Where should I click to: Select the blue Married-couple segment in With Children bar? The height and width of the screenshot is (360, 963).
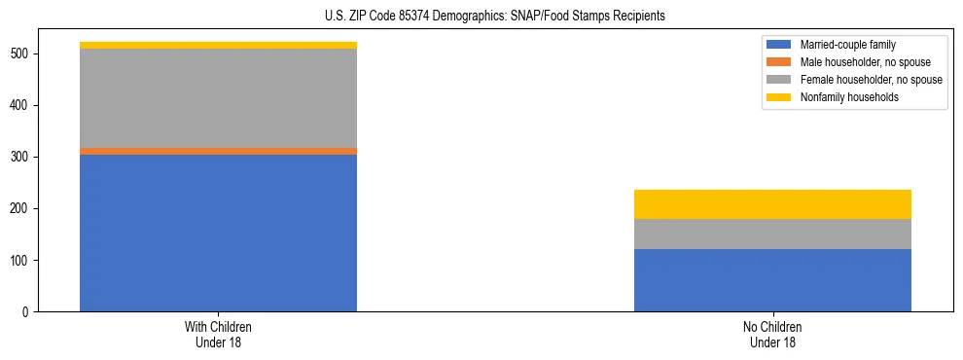pyautogui.click(x=218, y=233)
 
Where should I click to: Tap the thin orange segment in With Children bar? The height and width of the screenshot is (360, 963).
pyautogui.click(x=218, y=151)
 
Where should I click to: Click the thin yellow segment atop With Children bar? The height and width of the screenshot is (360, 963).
pyautogui.click(x=218, y=46)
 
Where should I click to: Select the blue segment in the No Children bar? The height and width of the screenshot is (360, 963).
pyautogui.click(x=772, y=280)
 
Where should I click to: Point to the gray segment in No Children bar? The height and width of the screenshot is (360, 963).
pyautogui.click(x=772, y=234)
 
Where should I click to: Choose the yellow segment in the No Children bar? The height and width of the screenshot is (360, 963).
pyautogui.click(x=772, y=204)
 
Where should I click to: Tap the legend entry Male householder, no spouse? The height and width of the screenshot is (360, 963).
pyautogui.click(x=851, y=62)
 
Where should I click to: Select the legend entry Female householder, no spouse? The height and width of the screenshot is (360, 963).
pyautogui.click(x=855, y=80)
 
